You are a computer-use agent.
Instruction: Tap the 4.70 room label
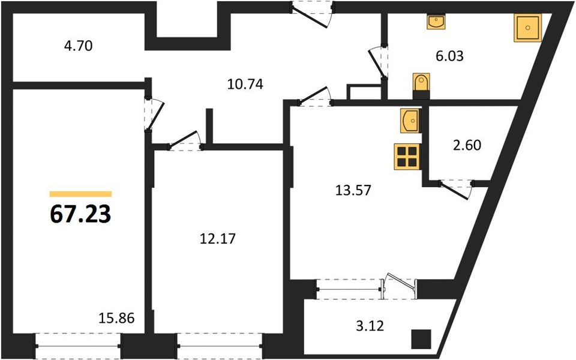click(78, 46)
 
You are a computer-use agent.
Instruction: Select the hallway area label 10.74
click(245, 85)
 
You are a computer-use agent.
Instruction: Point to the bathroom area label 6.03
click(449, 56)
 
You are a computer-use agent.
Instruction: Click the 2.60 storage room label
click(467, 145)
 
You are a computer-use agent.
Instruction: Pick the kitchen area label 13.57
click(353, 190)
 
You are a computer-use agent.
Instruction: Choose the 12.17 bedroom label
click(217, 239)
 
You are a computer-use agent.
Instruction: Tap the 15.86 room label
click(116, 318)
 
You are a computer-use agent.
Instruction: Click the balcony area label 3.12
click(370, 325)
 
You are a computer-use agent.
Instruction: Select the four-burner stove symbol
click(407, 157)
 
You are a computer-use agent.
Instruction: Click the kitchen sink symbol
click(410, 121)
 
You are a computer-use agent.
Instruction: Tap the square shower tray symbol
click(527, 28)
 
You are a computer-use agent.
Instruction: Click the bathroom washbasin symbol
click(436, 22)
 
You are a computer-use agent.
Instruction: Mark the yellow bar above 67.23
click(80, 194)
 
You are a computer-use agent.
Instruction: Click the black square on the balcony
click(421, 340)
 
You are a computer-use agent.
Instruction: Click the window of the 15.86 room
click(78, 346)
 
